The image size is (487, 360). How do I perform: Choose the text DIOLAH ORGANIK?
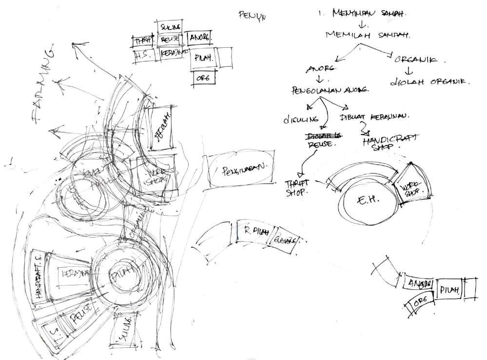pos(429,81)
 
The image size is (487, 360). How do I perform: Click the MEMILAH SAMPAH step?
pos(366,35)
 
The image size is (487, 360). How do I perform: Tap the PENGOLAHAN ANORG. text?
pos(330,91)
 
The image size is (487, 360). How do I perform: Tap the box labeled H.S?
pos(143,55)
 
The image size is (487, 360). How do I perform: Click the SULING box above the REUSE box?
pos(169,26)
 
